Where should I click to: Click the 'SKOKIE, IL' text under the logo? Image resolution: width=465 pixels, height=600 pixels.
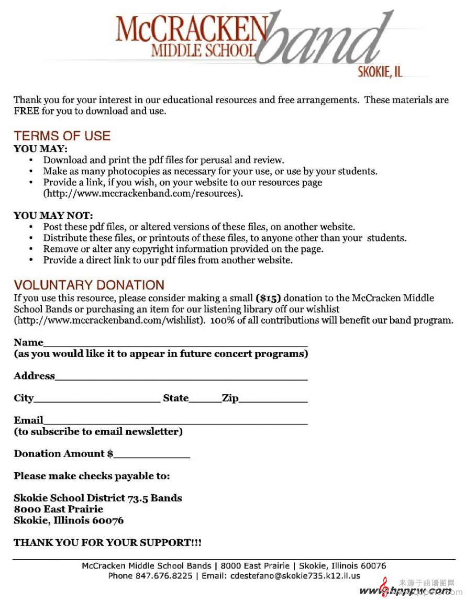(x=380, y=72)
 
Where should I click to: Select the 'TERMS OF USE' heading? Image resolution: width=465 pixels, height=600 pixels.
(x=62, y=136)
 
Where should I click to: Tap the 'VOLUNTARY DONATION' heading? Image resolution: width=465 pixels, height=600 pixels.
(x=89, y=285)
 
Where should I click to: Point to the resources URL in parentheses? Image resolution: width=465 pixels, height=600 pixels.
(x=143, y=193)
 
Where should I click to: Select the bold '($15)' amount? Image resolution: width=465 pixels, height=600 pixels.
(x=268, y=298)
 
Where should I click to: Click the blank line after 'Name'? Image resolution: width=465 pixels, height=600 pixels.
(x=175, y=343)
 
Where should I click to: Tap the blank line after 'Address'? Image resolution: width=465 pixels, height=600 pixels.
(x=181, y=377)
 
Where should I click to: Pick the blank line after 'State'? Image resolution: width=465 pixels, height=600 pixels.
(x=205, y=399)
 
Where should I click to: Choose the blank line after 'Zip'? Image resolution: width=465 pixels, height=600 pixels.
(x=273, y=399)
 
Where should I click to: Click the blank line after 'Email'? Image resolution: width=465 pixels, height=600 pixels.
(x=175, y=421)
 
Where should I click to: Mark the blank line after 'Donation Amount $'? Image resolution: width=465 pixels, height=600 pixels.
(x=151, y=455)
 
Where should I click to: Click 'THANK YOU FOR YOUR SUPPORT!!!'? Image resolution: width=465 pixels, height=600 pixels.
(x=107, y=542)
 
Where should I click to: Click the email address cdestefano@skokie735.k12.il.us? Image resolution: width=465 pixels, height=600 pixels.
(x=295, y=576)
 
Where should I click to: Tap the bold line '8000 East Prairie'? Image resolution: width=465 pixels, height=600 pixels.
(x=59, y=509)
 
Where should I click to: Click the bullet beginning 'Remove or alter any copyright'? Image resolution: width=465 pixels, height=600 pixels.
(x=183, y=249)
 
